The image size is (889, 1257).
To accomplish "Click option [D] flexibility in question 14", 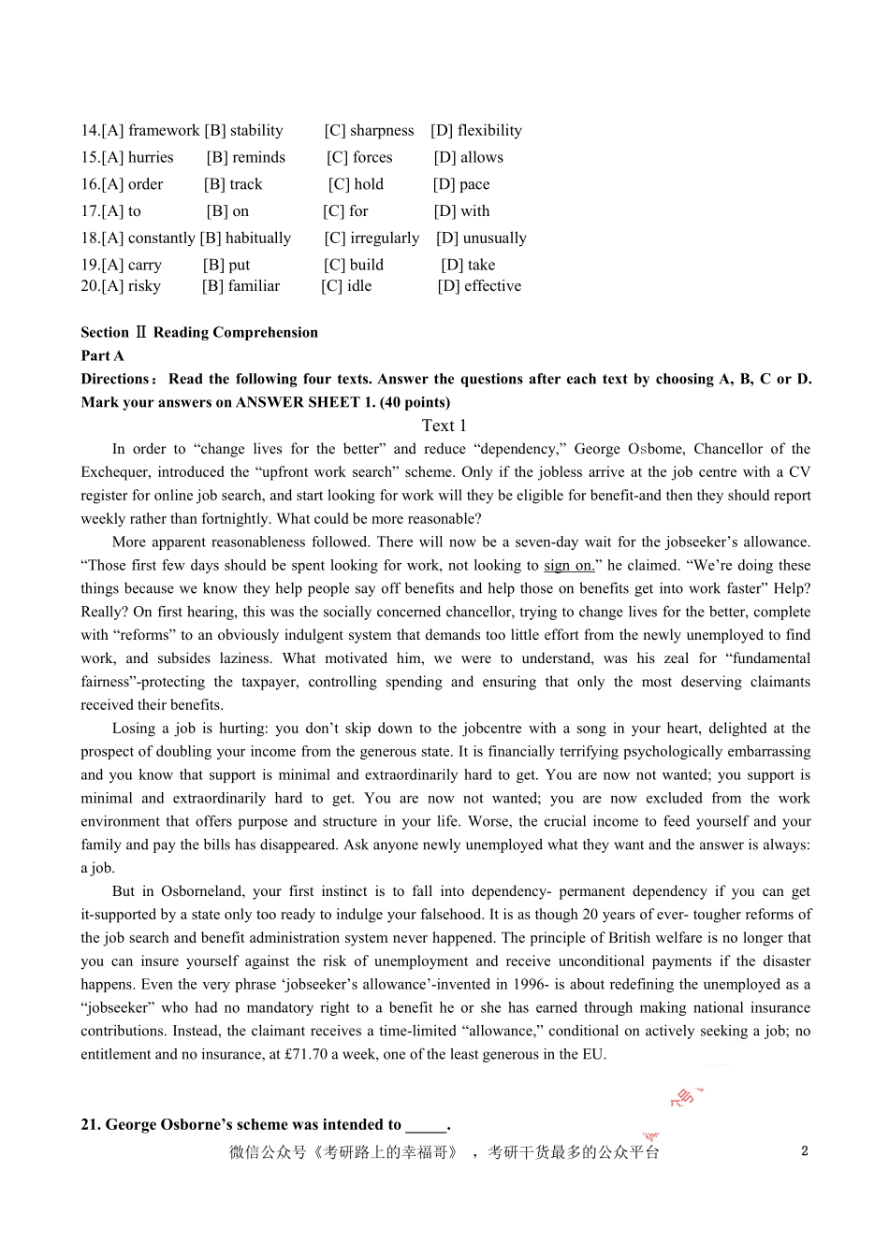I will click(476, 131).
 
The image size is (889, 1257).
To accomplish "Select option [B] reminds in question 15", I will click(246, 158).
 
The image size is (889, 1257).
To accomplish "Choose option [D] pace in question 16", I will click(461, 185).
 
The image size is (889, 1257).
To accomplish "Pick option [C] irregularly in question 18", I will click(372, 238).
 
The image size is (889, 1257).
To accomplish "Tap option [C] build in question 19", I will click(354, 266).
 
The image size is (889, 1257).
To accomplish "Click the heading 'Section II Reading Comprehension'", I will click(199, 333).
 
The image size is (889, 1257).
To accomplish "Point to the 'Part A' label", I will click(102, 356).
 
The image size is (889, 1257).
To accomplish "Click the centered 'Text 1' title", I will click(444, 426).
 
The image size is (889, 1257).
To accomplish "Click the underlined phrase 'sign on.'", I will click(569, 566).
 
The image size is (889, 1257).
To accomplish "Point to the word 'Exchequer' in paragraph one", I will click(114, 472).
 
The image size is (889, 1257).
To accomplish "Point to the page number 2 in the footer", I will click(805, 1151).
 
